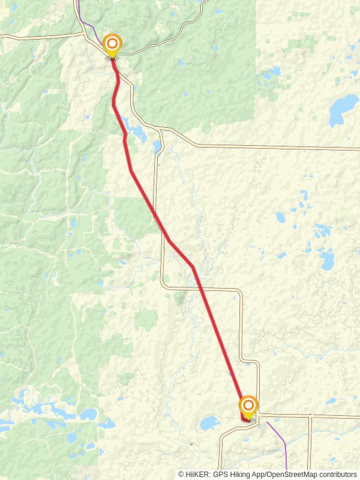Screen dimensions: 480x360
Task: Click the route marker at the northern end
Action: coord(112,44)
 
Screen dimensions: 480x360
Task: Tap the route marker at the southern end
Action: coord(248,406)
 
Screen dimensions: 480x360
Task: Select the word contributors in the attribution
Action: coord(335,475)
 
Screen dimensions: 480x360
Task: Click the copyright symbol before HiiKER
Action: coord(181,475)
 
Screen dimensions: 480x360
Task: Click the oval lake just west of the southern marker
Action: coord(210,423)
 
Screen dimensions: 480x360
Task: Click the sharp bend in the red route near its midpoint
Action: coord(192,266)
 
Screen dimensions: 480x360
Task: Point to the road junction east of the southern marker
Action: coord(259,414)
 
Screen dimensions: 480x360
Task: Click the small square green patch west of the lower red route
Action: coord(146,319)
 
